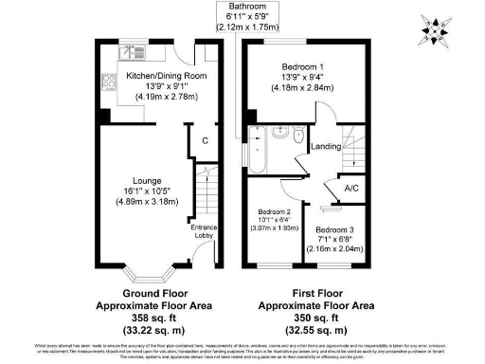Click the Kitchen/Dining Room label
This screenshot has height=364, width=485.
[x=154, y=75]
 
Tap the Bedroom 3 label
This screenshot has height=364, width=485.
[x=334, y=229]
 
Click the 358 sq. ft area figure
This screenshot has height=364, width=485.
[x=154, y=318]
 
